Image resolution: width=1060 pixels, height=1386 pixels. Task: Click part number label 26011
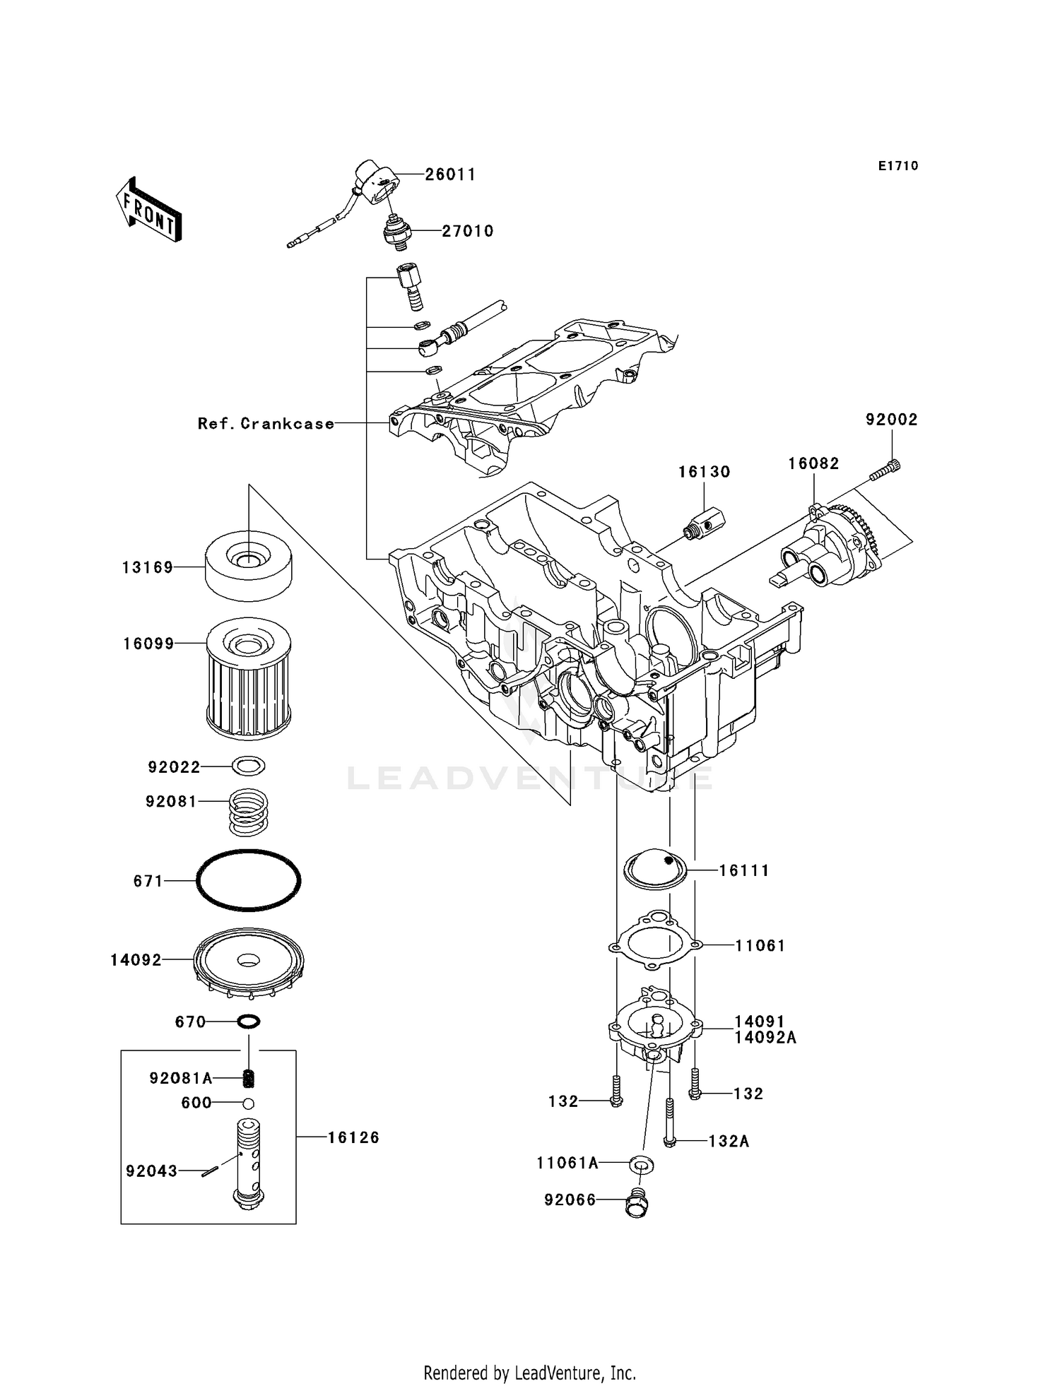click(449, 174)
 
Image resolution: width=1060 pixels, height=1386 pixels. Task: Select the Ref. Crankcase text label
click(266, 424)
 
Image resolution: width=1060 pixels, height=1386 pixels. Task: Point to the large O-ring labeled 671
click(248, 880)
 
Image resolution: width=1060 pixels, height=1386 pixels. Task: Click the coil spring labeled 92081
click(248, 810)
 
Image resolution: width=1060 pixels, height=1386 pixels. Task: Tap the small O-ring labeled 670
click(249, 1021)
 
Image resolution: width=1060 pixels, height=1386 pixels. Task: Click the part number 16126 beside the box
click(353, 1137)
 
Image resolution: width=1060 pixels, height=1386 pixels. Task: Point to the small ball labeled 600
click(249, 1103)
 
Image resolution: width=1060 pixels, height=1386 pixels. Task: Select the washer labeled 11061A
click(641, 1163)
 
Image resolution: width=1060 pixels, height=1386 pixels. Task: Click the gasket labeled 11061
click(655, 943)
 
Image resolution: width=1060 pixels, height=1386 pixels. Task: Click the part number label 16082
click(813, 463)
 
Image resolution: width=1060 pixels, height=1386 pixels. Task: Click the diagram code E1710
click(898, 166)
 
